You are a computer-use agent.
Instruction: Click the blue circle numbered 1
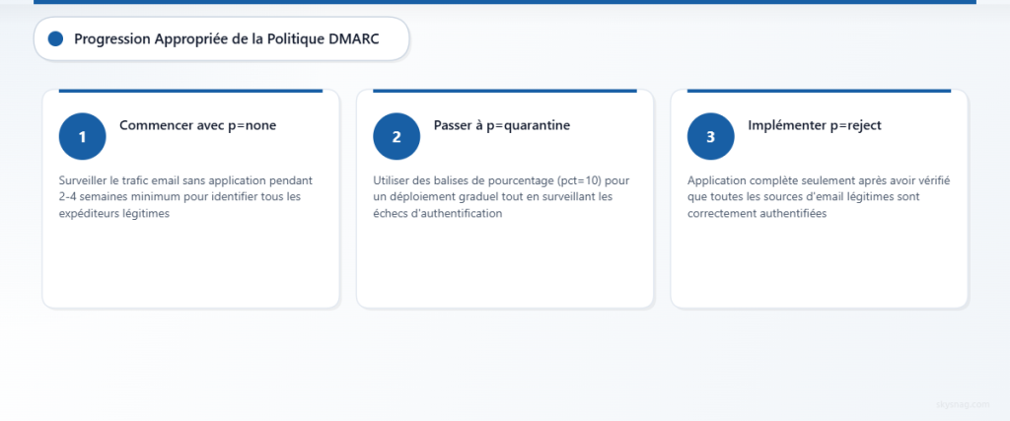click(x=83, y=136)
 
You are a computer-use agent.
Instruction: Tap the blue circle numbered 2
click(x=397, y=136)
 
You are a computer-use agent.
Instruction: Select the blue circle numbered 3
click(x=711, y=136)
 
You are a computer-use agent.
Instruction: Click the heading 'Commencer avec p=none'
click(x=197, y=125)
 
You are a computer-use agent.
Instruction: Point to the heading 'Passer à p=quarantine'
click(x=502, y=125)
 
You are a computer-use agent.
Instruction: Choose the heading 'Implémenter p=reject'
click(x=815, y=125)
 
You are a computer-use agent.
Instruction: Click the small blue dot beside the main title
click(x=55, y=38)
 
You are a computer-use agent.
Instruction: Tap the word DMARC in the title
click(x=353, y=38)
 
